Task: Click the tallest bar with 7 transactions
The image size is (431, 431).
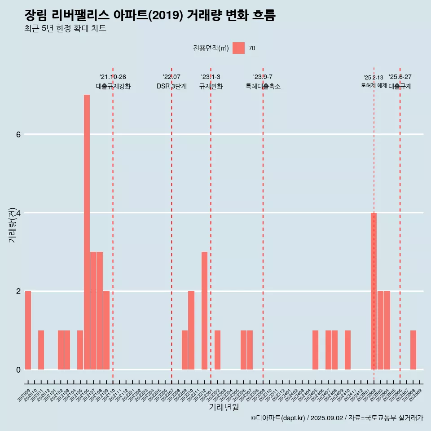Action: coord(87,232)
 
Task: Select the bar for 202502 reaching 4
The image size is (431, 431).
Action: coord(374,291)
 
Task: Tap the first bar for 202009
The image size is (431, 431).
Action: coord(28,330)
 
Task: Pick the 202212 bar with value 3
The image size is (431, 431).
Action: coord(204,311)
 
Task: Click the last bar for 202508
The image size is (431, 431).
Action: coord(413,350)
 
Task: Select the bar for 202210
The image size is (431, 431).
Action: coord(191,330)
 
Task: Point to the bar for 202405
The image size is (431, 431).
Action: coord(315,350)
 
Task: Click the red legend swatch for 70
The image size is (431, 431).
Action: coord(238,48)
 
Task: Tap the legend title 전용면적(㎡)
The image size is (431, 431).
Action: coord(211,48)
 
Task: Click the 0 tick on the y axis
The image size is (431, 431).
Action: coord(18,369)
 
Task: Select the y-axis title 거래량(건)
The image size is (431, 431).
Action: coord(13,224)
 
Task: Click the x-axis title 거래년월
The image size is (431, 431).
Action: coord(224,407)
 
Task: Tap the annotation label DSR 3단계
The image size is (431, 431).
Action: coord(172,86)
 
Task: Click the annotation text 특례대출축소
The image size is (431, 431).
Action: coord(263,86)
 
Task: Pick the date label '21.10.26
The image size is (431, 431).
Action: coord(113,77)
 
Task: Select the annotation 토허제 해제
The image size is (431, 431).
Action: coord(374,85)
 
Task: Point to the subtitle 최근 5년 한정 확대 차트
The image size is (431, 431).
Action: coord(65,29)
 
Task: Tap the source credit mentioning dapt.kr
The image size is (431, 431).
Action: coord(337,418)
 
